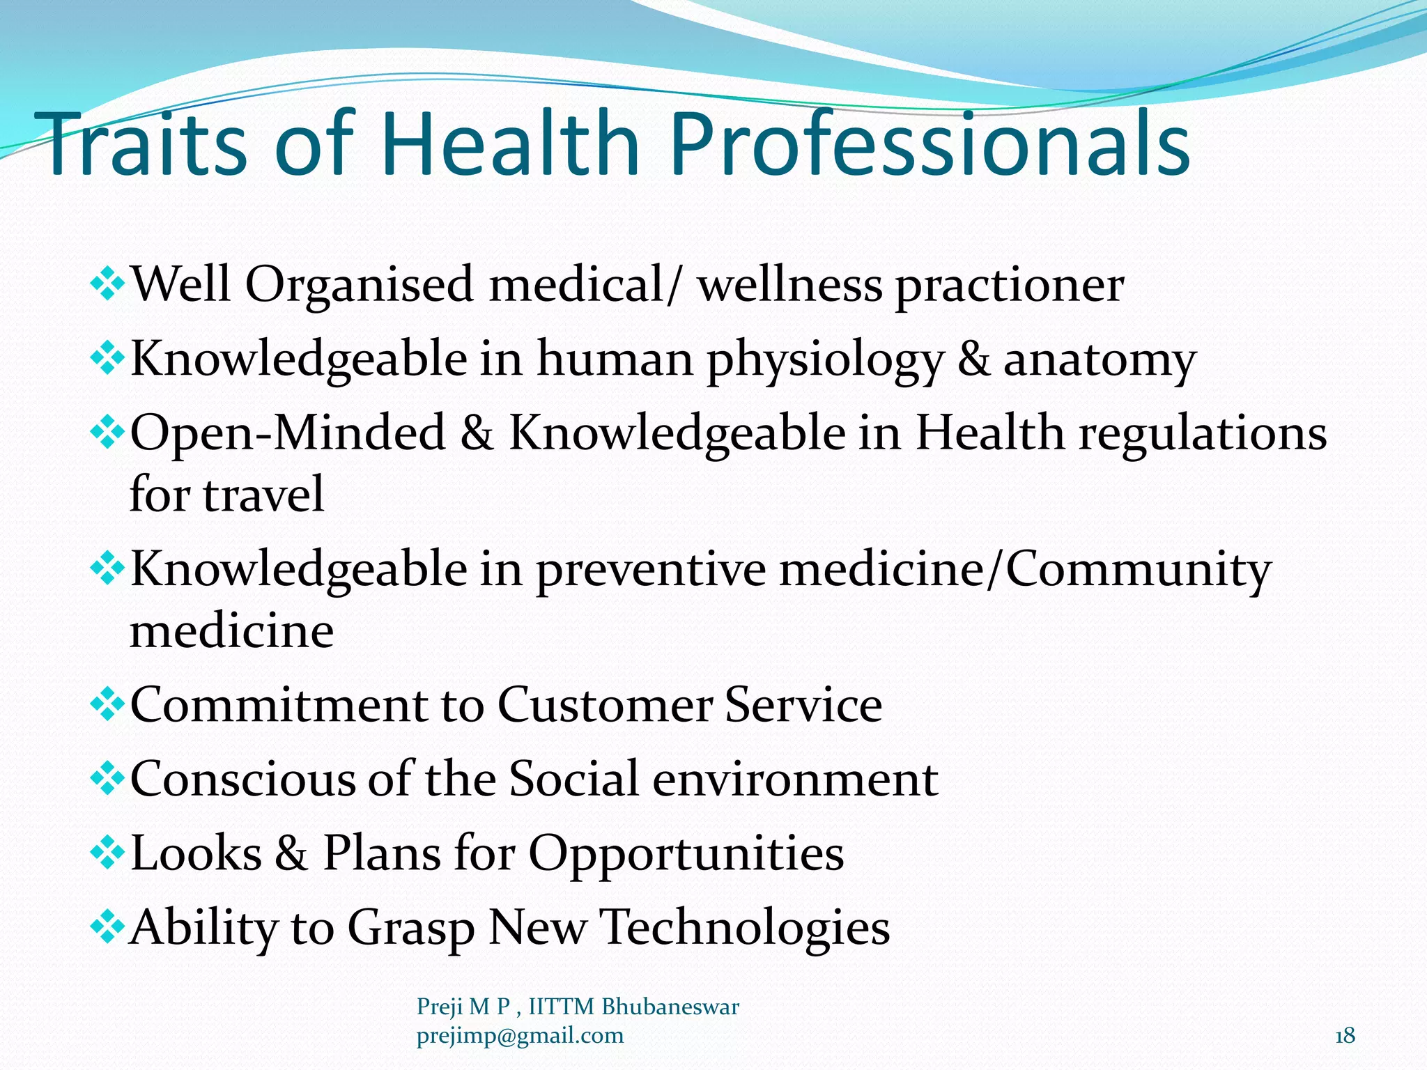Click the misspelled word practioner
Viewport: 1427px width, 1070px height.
tap(1009, 286)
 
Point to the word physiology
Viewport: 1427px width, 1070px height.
tap(825, 361)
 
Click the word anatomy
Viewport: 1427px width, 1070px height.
tap(1099, 359)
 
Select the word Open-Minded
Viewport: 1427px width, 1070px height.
tap(287, 433)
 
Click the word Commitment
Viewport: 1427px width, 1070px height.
tap(279, 705)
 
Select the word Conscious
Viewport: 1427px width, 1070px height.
tap(243, 779)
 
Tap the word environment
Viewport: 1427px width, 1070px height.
tap(795, 779)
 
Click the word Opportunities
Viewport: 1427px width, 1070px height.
tap(686, 854)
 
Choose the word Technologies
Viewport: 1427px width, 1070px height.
tap(745, 928)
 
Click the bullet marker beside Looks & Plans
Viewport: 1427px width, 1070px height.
tap(107, 853)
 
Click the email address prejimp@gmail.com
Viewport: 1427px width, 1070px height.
tap(520, 1036)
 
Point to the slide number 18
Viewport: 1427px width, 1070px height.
tap(1345, 1036)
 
